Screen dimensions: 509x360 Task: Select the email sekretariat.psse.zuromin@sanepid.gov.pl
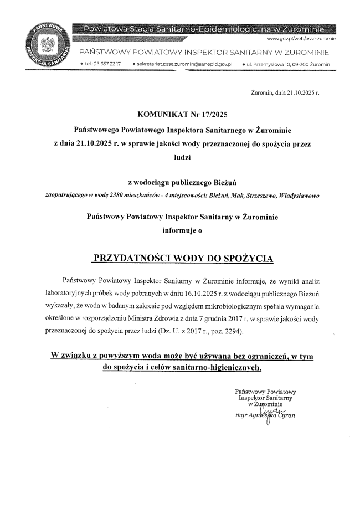coord(188,65)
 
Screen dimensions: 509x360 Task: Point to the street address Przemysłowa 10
coord(290,65)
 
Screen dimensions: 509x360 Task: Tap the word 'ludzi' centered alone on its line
coord(181,157)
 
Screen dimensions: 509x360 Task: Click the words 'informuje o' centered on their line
coord(181,228)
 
